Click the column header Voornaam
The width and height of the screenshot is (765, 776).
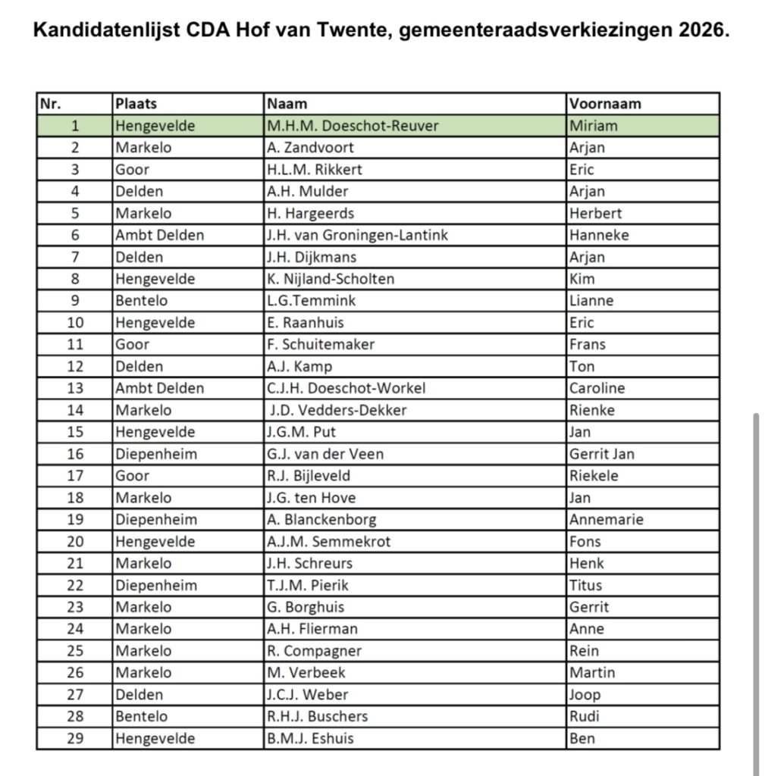click(x=605, y=104)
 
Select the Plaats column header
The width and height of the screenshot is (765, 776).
click(x=136, y=104)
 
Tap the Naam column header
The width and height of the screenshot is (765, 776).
click(x=287, y=104)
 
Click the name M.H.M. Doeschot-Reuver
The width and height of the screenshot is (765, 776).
click(x=353, y=126)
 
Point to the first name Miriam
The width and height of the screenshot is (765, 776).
click(x=594, y=126)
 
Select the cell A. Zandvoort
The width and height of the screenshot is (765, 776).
click(x=310, y=148)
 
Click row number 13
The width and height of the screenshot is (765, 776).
click(x=75, y=388)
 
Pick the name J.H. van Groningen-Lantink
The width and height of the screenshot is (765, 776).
click(x=357, y=235)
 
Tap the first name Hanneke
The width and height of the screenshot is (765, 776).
click(x=599, y=235)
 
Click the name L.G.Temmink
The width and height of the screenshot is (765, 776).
click(x=311, y=301)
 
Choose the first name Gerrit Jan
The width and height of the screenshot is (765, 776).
click(x=602, y=454)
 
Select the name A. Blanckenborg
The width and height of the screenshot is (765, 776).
click(x=321, y=520)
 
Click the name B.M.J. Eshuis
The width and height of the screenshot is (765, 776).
click(x=310, y=738)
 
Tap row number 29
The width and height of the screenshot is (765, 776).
click(x=75, y=738)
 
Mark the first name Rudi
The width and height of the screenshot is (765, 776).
click(x=584, y=716)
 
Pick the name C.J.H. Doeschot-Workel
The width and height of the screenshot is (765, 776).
click(x=346, y=388)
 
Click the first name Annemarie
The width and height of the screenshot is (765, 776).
click(x=606, y=520)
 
